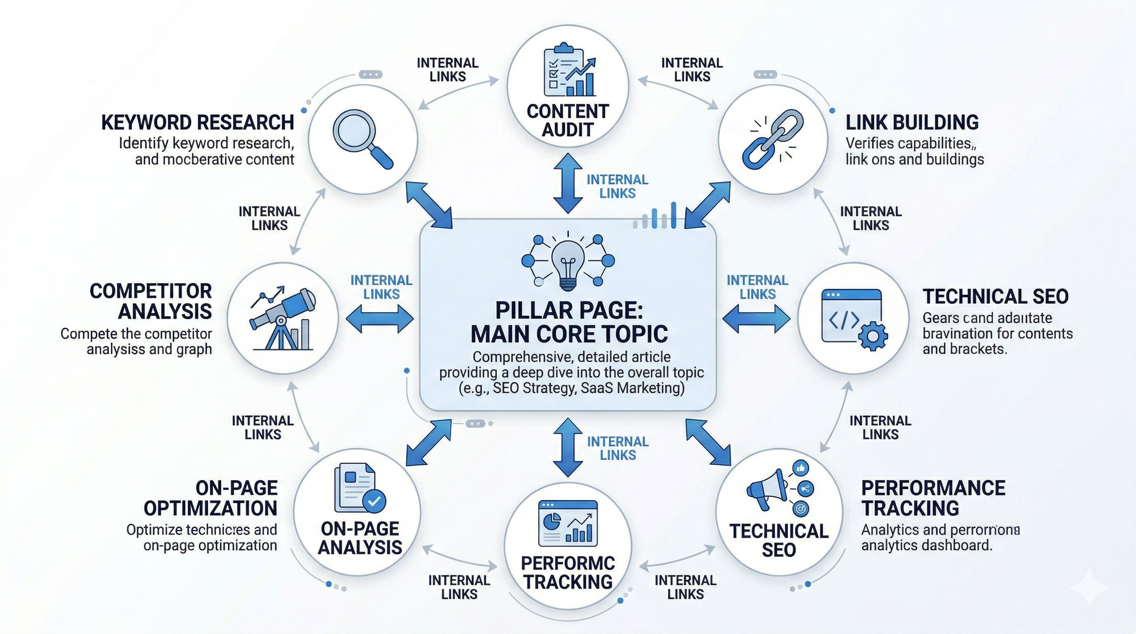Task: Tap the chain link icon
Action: [x=773, y=140]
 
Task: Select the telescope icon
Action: [x=282, y=318]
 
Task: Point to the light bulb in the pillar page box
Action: [x=568, y=265]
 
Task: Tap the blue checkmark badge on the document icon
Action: [x=374, y=500]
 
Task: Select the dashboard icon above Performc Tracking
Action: [x=568, y=523]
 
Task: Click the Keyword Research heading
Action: [x=198, y=123]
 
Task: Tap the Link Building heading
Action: [x=912, y=123]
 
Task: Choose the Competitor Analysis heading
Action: [x=151, y=302]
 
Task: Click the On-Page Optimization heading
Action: [x=211, y=498]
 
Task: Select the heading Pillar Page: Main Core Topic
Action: [x=569, y=322]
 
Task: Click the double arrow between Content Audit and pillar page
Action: [x=568, y=183]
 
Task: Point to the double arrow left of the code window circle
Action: [x=756, y=318]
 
